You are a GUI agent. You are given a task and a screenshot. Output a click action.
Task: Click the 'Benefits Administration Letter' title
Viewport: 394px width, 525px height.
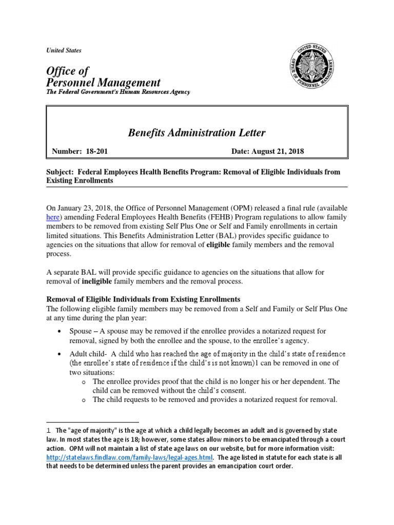(196, 133)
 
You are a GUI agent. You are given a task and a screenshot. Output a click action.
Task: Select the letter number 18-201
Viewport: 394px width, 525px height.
(96, 152)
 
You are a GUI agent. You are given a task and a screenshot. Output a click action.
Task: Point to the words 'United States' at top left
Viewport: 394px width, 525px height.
(64, 51)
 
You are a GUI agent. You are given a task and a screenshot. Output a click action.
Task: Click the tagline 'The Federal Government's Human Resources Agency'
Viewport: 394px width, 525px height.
(119, 92)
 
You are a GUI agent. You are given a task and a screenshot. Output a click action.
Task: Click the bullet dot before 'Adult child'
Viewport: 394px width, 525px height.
(62, 354)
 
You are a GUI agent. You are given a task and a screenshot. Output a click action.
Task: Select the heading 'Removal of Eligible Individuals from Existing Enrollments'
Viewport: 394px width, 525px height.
(144, 299)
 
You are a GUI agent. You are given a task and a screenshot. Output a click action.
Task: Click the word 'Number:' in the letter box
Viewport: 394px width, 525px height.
(68, 152)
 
